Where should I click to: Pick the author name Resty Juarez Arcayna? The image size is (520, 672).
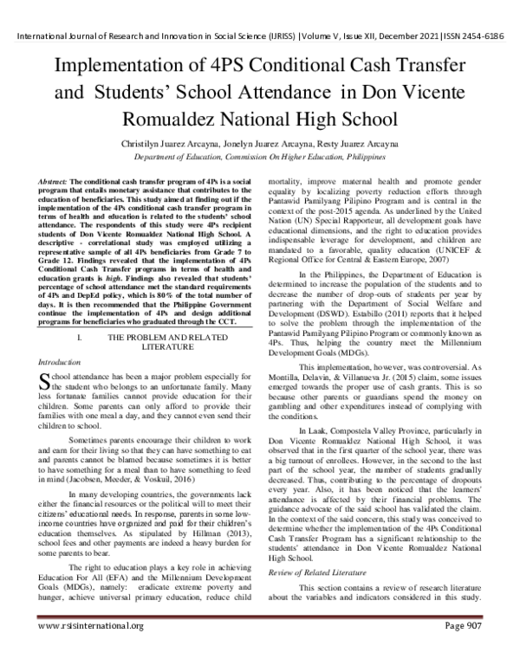pos(348,142)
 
